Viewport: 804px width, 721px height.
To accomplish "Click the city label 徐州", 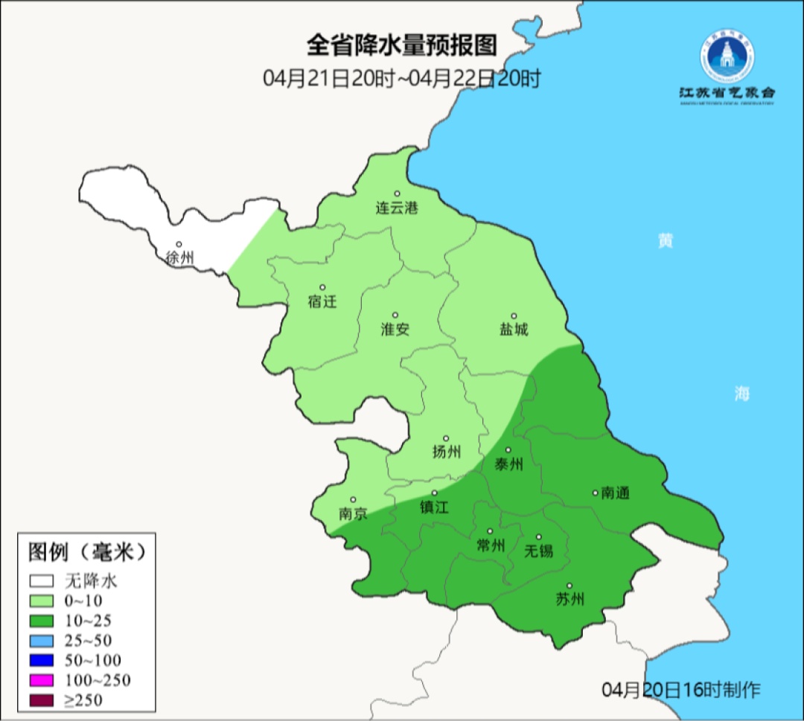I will pos(180,259).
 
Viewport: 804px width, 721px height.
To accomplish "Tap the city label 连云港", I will pos(397,208).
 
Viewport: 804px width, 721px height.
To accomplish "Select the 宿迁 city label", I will pos(322,302).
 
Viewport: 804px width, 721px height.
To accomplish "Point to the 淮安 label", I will pos(395,330).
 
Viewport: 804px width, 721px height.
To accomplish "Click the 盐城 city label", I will pos(513,330).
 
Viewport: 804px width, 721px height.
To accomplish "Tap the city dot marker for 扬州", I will pos(446,438).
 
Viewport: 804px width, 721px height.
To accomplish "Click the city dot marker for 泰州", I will pos(508,450).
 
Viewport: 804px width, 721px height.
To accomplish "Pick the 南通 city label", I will pos(616,493).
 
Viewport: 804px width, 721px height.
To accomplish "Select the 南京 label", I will pos(353,514).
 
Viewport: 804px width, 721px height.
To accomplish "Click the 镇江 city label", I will pos(435,507).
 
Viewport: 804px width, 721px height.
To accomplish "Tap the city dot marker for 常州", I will pos(490,531).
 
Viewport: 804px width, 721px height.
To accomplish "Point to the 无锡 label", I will pos(538,551).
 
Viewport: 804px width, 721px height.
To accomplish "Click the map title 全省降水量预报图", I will pos(401,45).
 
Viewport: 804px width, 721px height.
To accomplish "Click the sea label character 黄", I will pos(665,240).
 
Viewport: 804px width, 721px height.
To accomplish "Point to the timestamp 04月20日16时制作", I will pos(681,690).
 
